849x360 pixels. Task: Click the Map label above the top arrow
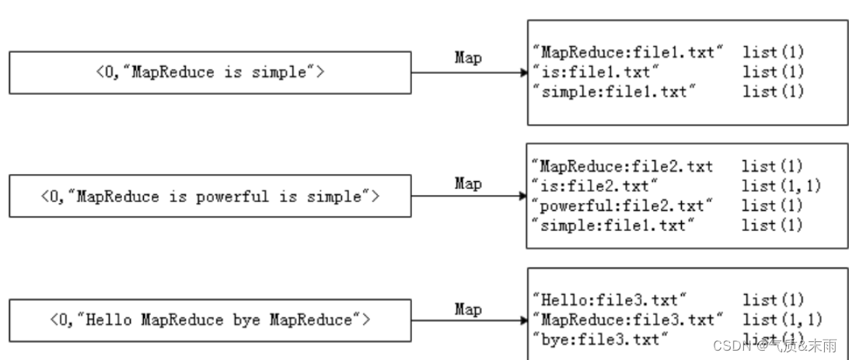pos(468,58)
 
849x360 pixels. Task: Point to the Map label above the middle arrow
pos(468,183)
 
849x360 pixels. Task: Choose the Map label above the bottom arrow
pos(468,309)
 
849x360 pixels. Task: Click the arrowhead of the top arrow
pos(522,73)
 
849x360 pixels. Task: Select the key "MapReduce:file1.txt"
pos(628,52)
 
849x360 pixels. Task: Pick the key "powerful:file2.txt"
pos(622,205)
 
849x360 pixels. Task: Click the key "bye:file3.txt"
pos(600,339)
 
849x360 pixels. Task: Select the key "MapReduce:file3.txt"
pos(628,320)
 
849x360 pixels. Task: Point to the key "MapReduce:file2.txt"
pos(623,166)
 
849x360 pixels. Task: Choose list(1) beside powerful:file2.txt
pos(772,205)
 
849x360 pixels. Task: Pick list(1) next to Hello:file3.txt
pos(773,300)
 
